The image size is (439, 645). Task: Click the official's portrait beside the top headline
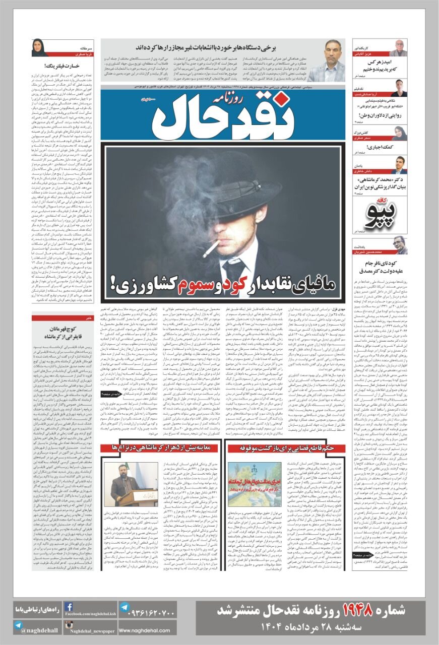click(x=326, y=60)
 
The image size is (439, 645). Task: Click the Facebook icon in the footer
click(x=69, y=607)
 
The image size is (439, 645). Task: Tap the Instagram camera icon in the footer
click(x=69, y=625)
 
